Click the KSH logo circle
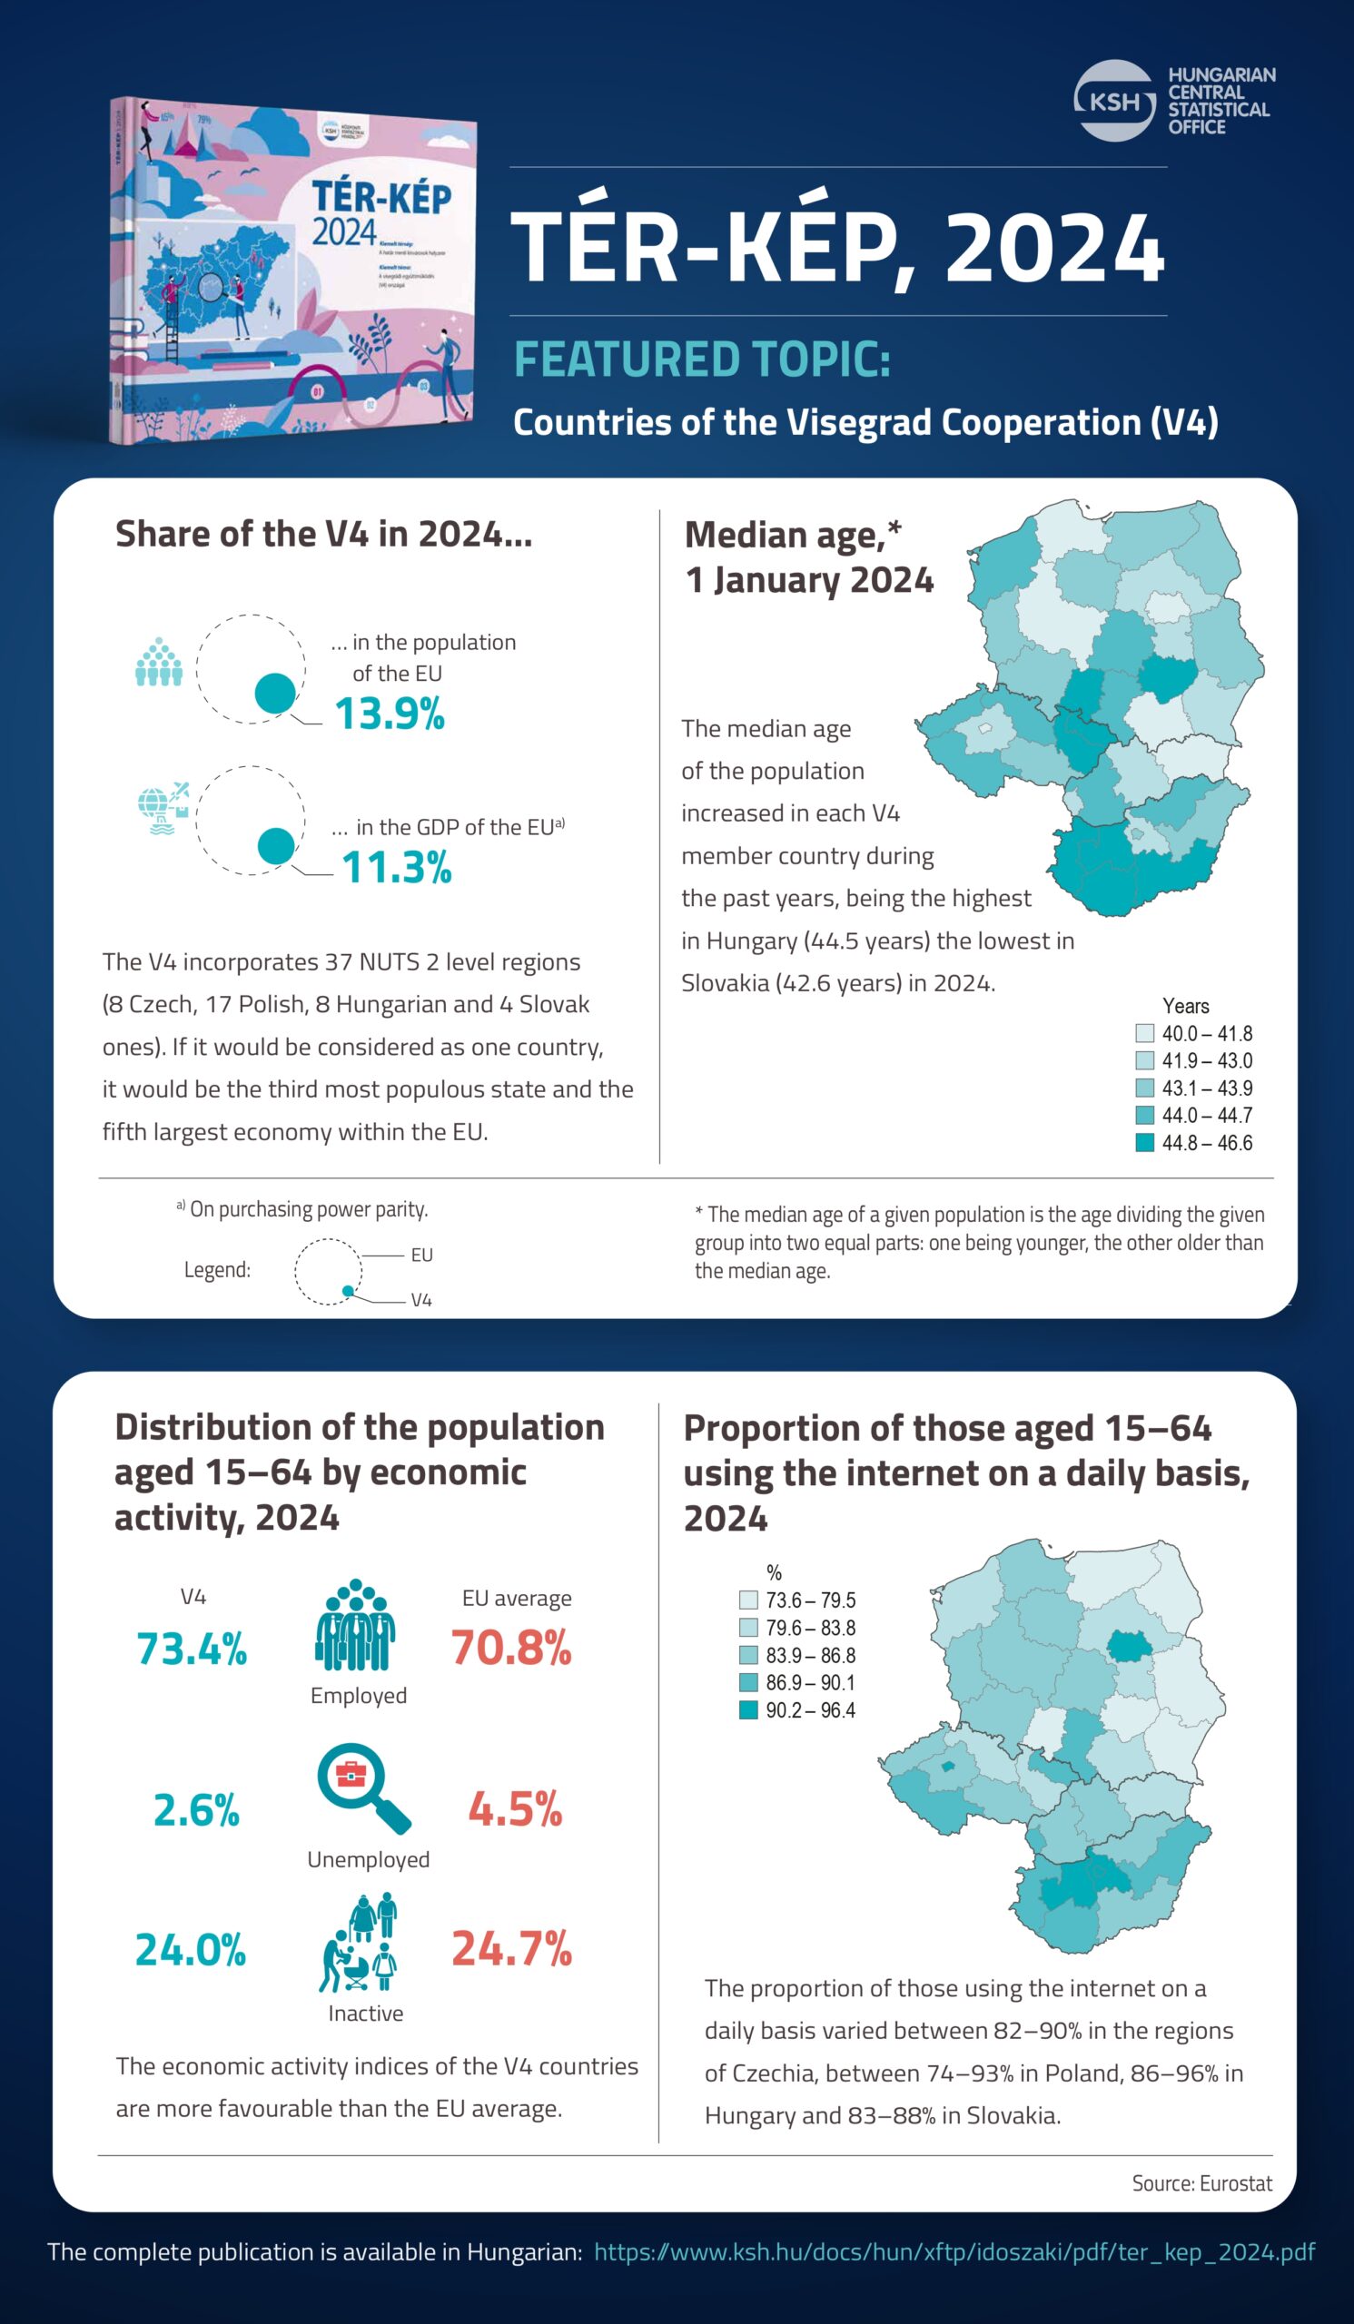(x=1114, y=101)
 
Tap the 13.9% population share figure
(x=390, y=714)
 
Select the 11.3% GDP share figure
(x=397, y=868)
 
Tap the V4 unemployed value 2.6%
(x=196, y=1809)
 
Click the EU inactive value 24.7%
(x=512, y=1949)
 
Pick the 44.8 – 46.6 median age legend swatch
(x=1144, y=1143)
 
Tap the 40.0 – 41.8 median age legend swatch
(x=1144, y=1033)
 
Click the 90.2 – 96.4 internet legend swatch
(x=748, y=1710)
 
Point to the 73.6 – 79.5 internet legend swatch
(x=748, y=1600)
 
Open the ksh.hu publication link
(x=954, y=2251)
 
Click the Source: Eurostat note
(x=1201, y=2183)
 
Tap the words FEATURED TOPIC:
(x=702, y=359)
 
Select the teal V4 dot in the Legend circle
(x=348, y=1291)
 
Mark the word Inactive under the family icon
(x=365, y=2014)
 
